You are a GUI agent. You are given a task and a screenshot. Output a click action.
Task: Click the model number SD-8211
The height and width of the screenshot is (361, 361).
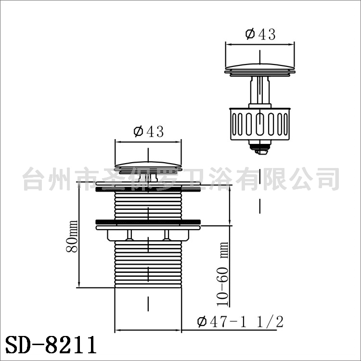tap(51, 345)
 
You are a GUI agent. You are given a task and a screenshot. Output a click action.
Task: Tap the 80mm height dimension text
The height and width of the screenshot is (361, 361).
tap(72, 236)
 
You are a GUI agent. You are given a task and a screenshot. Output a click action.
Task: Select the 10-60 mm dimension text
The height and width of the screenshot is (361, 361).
tap(223, 274)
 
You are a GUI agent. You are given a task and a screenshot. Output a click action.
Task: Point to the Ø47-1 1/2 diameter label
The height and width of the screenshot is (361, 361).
tap(240, 322)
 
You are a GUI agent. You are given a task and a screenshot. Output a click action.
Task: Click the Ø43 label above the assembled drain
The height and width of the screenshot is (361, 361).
tap(149, 131)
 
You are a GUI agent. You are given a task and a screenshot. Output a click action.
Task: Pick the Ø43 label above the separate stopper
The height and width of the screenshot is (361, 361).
tap(260, 34)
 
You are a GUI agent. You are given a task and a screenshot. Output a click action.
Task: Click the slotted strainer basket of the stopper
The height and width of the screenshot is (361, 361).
tap(260, 124)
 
